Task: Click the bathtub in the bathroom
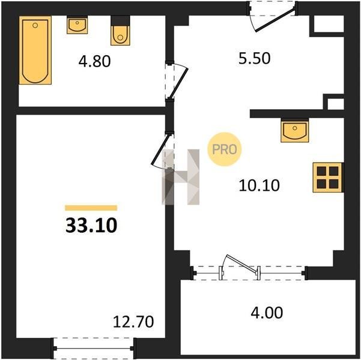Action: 35,50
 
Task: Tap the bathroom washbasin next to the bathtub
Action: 77,25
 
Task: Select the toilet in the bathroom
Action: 120,31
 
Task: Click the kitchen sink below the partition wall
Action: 295,130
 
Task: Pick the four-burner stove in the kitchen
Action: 327,178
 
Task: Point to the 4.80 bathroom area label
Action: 94,61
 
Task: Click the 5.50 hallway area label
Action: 255,58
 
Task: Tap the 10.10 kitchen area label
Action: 259,185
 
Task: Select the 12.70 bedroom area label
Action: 133,322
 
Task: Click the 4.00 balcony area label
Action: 267,313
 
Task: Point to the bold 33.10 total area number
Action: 91,226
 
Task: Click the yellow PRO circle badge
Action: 225,149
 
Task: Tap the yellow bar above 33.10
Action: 91,208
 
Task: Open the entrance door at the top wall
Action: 275,20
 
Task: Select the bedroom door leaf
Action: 161,149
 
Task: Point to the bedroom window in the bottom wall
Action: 94,348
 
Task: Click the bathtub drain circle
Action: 35,25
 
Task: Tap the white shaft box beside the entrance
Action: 329,23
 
